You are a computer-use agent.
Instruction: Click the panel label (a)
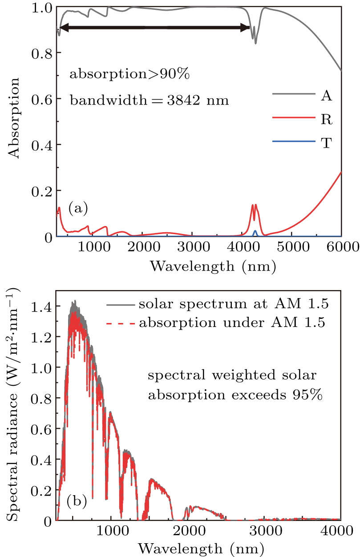(78, 207)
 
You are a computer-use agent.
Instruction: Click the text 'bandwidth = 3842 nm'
(149, 101)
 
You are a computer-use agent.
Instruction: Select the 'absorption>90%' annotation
(129, 74)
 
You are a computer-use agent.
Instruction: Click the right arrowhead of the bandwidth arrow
(245, 28)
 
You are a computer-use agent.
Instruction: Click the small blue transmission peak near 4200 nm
(255, 232)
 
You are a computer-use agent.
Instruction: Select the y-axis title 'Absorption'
(15, 118)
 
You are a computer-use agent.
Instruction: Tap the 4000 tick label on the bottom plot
(341, 532)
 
